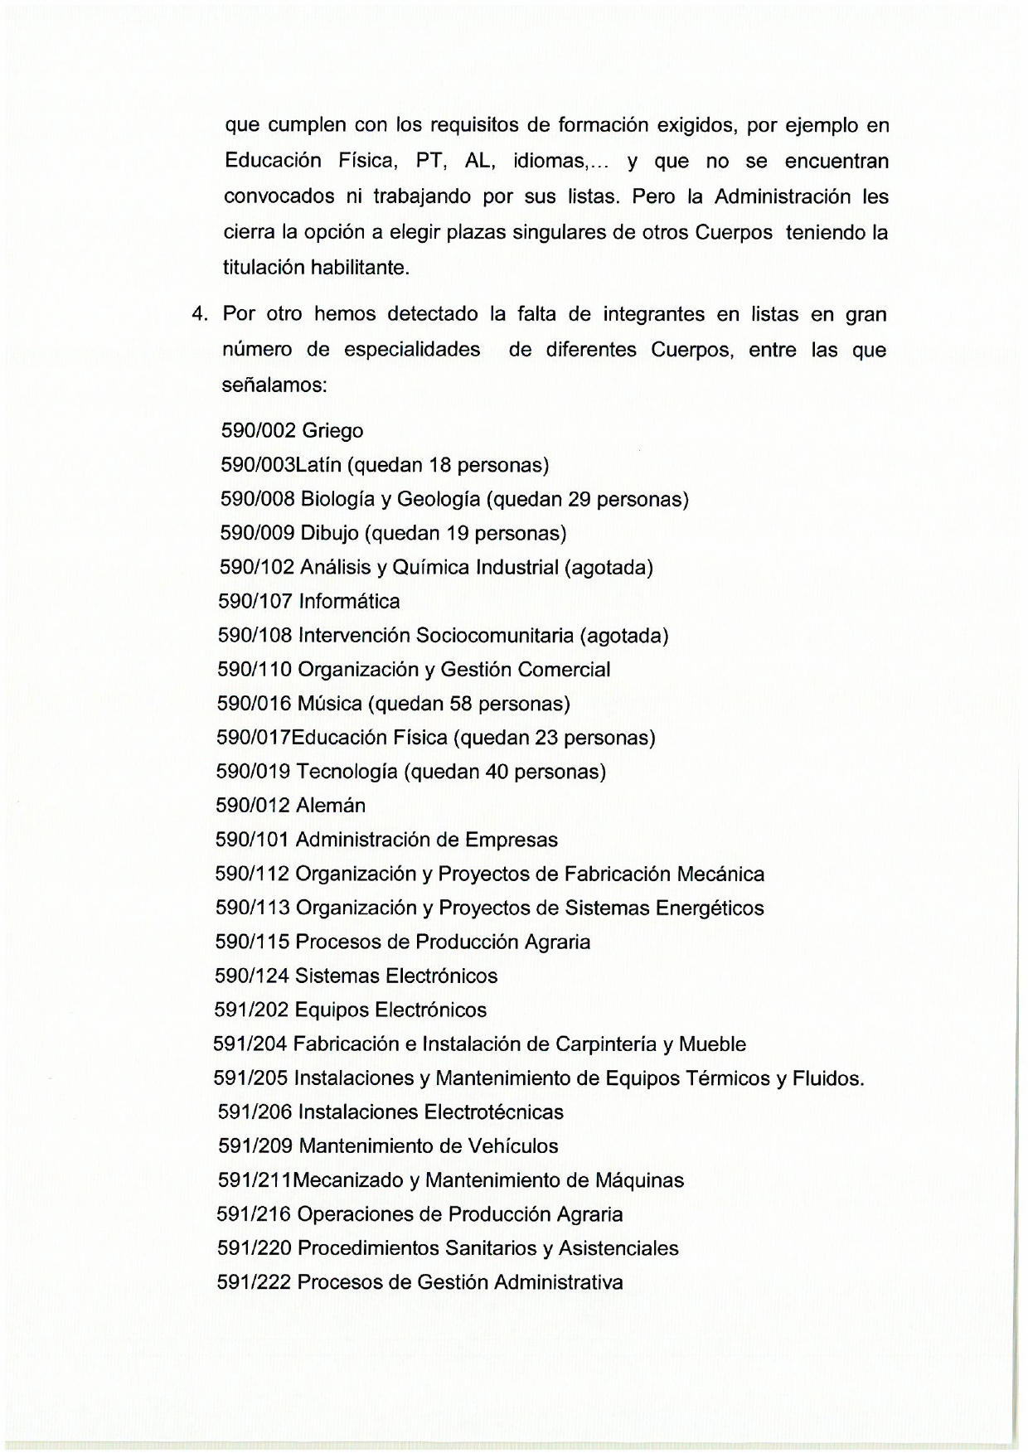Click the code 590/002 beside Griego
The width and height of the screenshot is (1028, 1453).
click(258, 431)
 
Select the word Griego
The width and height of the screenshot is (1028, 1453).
click(332, 432)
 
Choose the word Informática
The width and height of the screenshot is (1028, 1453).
click(349, 601)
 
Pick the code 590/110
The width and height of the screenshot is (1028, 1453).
click(255, 669)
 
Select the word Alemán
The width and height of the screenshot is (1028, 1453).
click(330, 806)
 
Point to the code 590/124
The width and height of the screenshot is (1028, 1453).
click(252, 976)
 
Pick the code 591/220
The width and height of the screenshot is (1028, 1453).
click(254, 1248)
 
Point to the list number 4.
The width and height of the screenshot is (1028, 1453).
click(198, 315)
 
